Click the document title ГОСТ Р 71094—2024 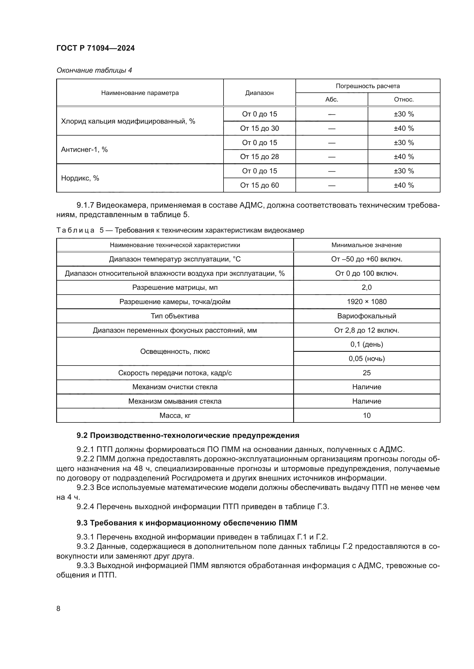point(95,48)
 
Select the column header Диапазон point(259,93)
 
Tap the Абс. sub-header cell point(332,99)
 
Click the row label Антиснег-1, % point(84,150)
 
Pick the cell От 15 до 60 point(259,185)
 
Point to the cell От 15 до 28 point(259,157)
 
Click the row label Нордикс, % point(80,178)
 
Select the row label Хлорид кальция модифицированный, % point(128,121)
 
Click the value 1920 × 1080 point(367,301)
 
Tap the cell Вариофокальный point(367,316)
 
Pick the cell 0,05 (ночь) point(367,359)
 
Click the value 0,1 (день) point(367,344)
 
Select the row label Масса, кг point(175,416)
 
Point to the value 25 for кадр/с point(367,373)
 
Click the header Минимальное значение point(367,245)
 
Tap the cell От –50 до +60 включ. point(367,259)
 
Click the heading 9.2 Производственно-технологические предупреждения point(188,436)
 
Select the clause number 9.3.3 point(85,565)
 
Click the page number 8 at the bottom point(58,608)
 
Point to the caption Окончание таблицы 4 point(94,70)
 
